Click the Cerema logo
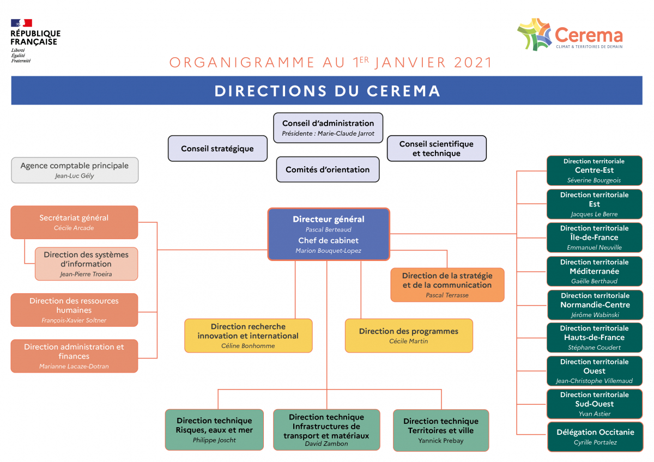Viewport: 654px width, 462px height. (x=570, y=35)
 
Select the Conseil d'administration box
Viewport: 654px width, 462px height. (x=328, y=127)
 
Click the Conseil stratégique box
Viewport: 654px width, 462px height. (x=217, y=149)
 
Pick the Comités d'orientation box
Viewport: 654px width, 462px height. (x=328, y=169)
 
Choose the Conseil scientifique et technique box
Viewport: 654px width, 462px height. (x=437, y=149)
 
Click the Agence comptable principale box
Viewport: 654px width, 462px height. (x=75, y=170)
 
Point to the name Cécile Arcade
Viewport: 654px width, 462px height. (x=74, y=228)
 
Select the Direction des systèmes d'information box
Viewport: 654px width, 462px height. (x=86, y=264)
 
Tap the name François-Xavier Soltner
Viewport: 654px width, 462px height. (x=74, y=320)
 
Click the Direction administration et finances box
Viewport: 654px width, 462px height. (x=74, y=356)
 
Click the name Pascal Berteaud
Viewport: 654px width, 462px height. (x=328, y=230)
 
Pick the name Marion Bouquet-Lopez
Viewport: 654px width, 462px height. (x=328, y=251)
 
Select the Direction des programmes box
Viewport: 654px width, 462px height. (x=409, y=335)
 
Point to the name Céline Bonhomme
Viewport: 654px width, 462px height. (x=248, y=346)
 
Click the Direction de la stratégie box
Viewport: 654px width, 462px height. (x=447, y=284)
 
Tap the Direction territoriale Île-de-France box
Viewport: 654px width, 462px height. (x=595, y=238)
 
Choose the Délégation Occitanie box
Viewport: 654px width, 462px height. (x=595, y=436)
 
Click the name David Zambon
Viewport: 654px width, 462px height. (x=326, y=444)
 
